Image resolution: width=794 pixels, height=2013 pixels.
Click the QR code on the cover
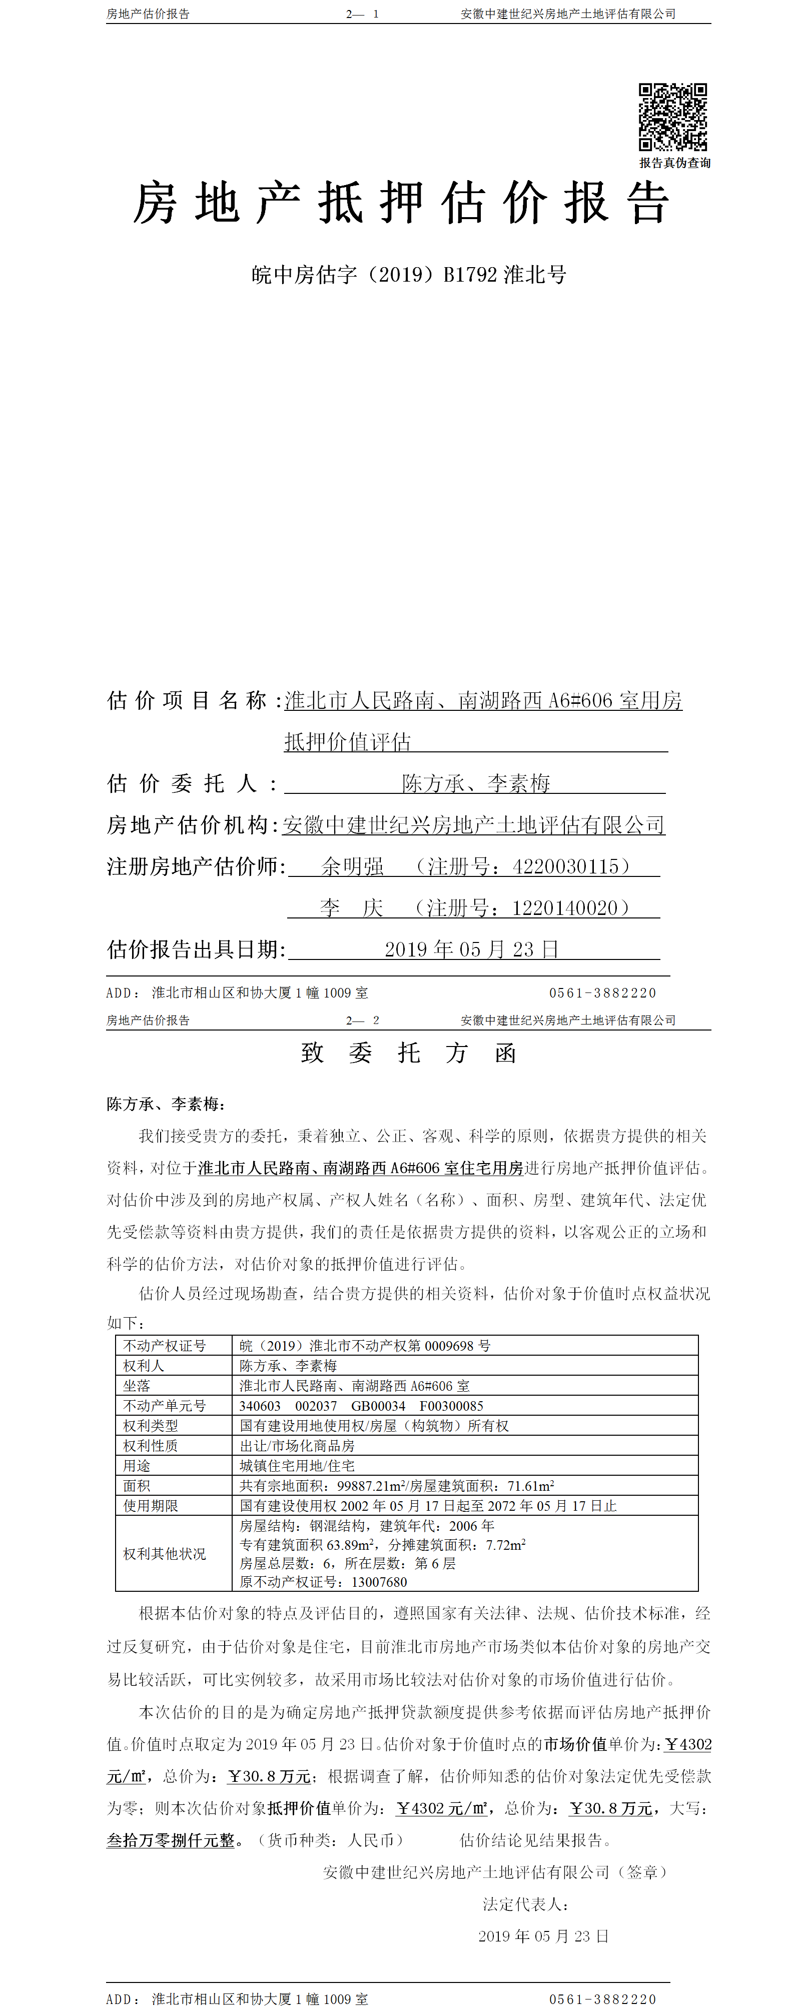(x=673, y=117)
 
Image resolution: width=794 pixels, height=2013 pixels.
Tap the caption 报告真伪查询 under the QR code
(x=674, y=163)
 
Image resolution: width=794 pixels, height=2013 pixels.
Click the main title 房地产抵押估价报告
(x=401, y=203)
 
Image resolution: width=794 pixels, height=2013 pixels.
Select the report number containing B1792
(x=409, y=274)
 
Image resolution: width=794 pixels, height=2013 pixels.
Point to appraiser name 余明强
(x=352, y=866)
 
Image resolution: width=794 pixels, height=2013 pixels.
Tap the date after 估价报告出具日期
(x=471, y=949)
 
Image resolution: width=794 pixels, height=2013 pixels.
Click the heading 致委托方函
(x=409, y=1053)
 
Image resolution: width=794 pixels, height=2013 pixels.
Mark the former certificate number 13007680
(x=379, y=1582)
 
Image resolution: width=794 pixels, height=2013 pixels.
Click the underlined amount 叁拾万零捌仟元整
(x=171, y=1840)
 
